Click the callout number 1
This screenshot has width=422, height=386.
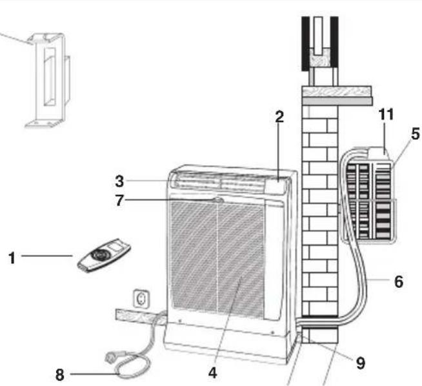(11, 257)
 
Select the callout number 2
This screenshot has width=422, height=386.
(279, 117)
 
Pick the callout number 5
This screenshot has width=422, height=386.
(415, 135)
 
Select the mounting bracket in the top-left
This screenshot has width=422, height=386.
(47, 81)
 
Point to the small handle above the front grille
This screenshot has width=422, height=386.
(217, 201)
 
